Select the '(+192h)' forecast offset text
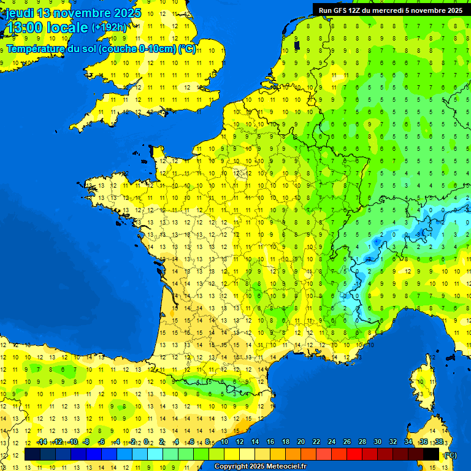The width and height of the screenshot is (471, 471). click(109, 28)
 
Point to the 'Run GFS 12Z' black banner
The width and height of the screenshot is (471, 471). click(391, 10)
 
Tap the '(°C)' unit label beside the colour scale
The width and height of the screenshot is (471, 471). click(450, 454)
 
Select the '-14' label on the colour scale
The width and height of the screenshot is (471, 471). click(42, 442)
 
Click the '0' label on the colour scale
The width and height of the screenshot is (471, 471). click(146, 442)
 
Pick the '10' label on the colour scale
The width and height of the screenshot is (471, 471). click(224, 442)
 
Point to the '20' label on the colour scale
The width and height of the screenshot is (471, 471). click(301, 442)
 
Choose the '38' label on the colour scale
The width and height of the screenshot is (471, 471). click(438, 442)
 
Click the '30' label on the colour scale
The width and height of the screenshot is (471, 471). click(377, 442)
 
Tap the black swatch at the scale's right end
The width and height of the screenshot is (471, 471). click(431, 454)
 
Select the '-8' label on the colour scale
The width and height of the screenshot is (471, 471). click(86, 442)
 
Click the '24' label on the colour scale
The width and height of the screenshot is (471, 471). click(331, 442)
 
